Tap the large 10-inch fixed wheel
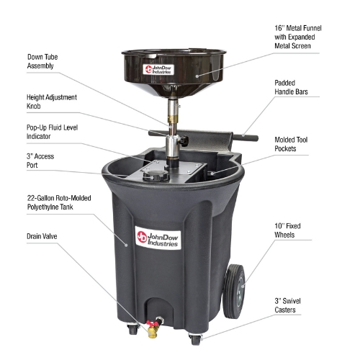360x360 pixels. (x=234, y=292)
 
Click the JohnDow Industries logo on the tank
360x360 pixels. (x=158, y=238)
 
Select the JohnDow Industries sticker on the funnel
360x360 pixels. (x=158, y=69)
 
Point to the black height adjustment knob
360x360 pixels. (x=184, y=141)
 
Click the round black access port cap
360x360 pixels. (x=156, y=176)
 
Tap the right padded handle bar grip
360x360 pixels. (x=246, y=138)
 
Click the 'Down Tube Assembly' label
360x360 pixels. (x=42, y=61)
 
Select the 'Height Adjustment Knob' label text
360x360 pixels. (x=52, y=102)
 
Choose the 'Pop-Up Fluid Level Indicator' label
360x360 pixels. (x=52, y=132)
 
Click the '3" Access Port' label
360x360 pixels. (x=40, y=161)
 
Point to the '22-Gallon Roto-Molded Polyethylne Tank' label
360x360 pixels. (x=59, y=202)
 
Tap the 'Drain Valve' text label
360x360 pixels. (x=42, y=236)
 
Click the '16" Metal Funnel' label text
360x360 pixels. (x=298, y=28)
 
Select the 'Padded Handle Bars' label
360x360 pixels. (x=291, y=87)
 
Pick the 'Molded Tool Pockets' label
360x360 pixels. (x=291, y=144)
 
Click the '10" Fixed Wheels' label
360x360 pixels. (x=287, y=230)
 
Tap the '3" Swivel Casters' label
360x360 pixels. (x=287, y=305)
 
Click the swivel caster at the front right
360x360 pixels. (x=195, y=339)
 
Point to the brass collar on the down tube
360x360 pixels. (x=173, y=119)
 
